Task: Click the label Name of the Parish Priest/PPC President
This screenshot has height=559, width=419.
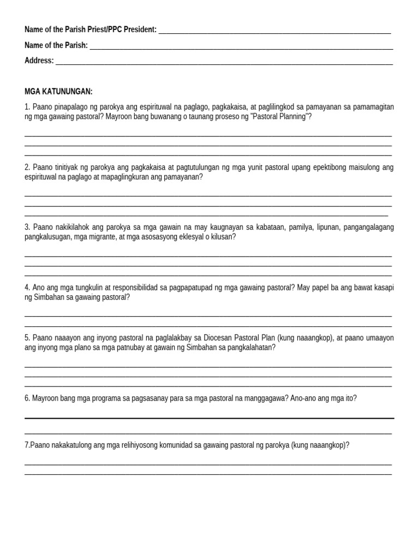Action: tap(90, 29)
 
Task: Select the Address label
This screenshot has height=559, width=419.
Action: tap(39, 61)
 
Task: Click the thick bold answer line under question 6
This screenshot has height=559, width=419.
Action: tap(209, 418)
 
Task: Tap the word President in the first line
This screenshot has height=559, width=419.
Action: tap(140, 29)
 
